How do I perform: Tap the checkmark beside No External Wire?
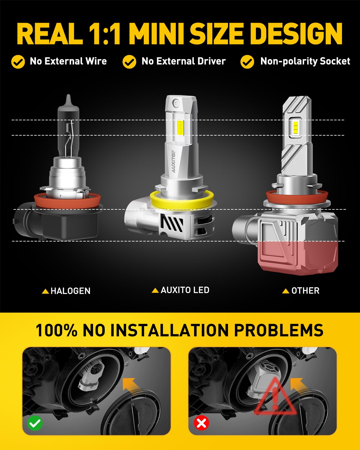(18, 62)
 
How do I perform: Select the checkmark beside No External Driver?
(129, 62)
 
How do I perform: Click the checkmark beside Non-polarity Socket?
(247, 62)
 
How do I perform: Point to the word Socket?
(335, 61)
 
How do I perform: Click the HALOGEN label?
(70, 291)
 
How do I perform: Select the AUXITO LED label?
(184, 290)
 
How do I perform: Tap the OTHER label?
(305, 290)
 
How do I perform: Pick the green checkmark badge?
(35, 423)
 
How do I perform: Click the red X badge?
(201, 423)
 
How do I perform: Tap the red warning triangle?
(275, 398)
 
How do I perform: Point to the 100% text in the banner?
(56, 330)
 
